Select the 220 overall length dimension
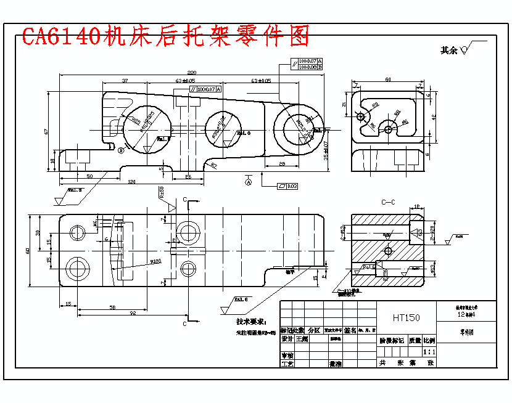[191, 72]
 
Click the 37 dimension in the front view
[125, 81]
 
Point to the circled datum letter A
[249, 182]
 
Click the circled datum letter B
[122, 149]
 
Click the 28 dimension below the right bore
[281, 163]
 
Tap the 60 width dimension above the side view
[387, 79]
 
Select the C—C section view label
[388, 201]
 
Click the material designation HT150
[407, 318]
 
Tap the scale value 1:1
[429, 351]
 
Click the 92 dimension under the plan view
[132, 313]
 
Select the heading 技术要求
[252, 321]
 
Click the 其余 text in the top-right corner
[450, 51]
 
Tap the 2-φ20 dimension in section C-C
[432, 233]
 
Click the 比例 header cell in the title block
[429, 340]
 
